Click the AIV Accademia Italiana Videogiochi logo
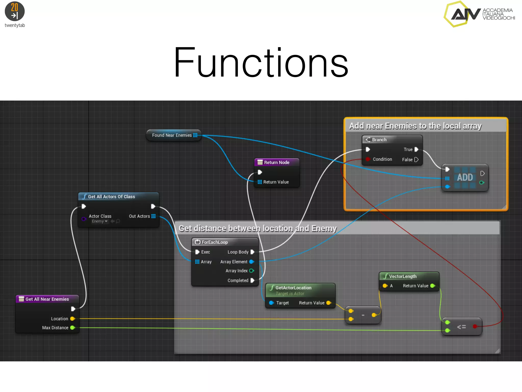click(x=479, y=14)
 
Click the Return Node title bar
click(x=277, y=162)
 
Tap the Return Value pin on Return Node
click(x=260, y=182)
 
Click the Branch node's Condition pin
click(x=368, y=159)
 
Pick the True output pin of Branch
click(x=416, y=150)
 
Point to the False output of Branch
click(x=416, y=160)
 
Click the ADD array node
click(x=465, y=177)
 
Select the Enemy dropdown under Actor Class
click(x=100, y=221)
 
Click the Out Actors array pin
click(x=153, y=216)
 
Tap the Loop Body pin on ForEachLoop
click(x=252, y=252)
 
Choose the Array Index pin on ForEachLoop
click(x=252, y=271)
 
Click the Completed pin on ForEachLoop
click(x=252, y=280)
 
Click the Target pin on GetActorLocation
click(x=271, y=303)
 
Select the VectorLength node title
click(x=403, y=276)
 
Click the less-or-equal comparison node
click(x=461, y=327)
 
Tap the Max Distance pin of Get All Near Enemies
click(x=72, y=328)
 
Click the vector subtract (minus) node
click(x=363, y=315)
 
